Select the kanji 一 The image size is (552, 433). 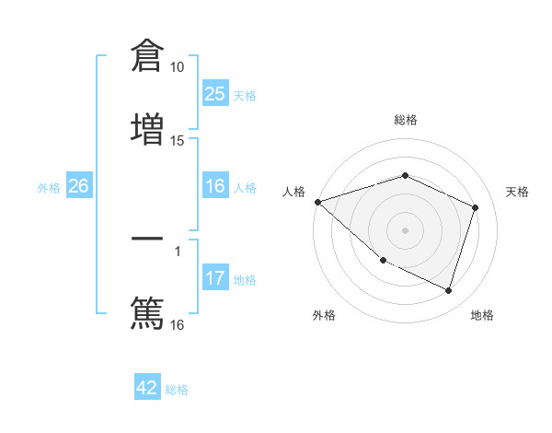(147, 240)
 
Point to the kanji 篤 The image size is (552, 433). (147, 311)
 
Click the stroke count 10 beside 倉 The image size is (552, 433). (178, 67)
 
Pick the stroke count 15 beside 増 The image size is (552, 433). (178, 140)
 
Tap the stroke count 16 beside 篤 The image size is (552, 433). (178, 324)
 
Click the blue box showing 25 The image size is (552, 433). (215, 94)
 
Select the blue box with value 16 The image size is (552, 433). (215, 186)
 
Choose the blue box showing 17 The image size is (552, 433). (215, 278)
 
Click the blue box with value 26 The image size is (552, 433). (78, 186)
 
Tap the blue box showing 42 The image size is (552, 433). (147, 388)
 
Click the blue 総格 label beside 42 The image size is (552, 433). (177, 390)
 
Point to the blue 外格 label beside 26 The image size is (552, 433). (49, 188)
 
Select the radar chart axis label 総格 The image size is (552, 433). (406, 120)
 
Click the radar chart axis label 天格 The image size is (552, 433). (517, 192)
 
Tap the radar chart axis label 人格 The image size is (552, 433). (293, 192)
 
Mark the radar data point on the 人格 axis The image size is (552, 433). (317, 202)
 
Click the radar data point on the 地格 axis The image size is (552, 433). (449, 291)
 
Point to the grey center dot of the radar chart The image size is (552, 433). (406, 230)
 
